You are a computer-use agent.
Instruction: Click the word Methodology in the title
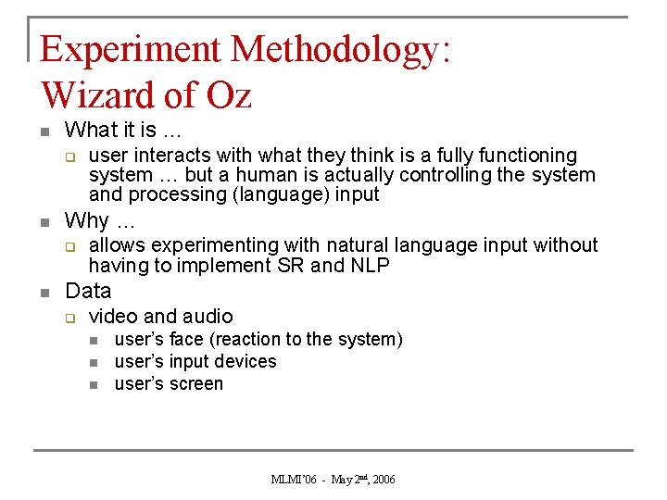[339, 49]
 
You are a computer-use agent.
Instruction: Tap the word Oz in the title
[225, 95]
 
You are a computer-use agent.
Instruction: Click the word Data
[88, 291]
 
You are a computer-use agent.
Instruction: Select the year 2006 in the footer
[383, 480]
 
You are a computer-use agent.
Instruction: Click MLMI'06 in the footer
[293, 480]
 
